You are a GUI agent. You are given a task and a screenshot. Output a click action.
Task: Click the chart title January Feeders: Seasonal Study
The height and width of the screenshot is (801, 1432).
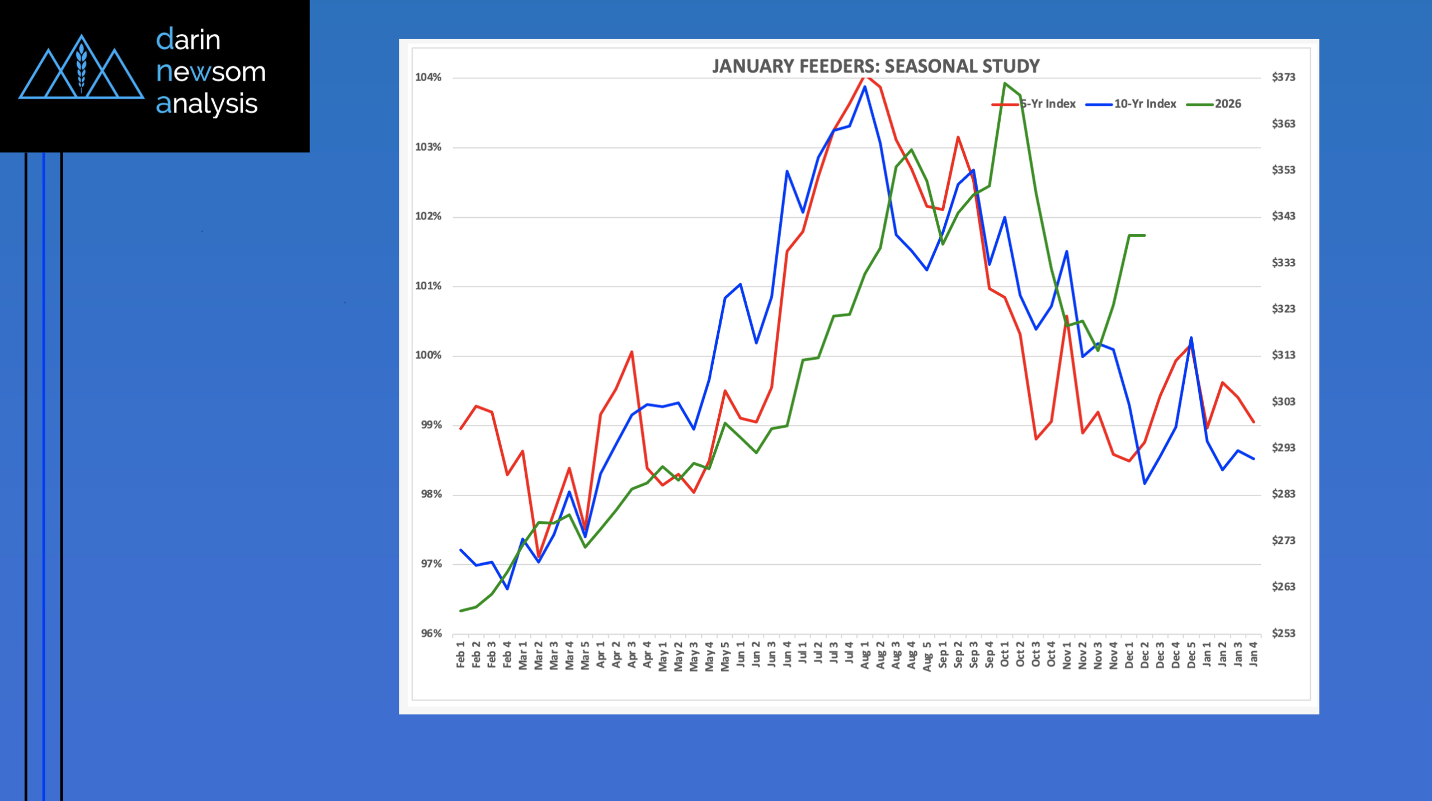click(x=875, y=66)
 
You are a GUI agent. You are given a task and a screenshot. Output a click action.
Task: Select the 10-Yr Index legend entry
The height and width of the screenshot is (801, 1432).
click(x=1144, y=104)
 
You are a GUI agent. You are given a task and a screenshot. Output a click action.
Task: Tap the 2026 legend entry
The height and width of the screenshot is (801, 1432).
click(x=1227, y=104)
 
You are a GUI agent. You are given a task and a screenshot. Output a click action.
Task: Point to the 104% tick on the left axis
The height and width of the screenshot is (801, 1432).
click(x=428, y=78)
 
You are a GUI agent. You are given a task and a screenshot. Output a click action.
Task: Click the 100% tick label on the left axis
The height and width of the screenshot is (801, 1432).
click(x=428, y=355)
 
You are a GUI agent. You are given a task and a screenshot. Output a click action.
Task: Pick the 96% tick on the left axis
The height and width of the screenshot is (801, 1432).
click(x=431, y=634)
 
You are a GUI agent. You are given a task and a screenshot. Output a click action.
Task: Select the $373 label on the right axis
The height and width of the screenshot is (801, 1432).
click(x=1283, y=77)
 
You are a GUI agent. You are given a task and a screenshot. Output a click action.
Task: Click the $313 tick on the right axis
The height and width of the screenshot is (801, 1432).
click(x=1283, y=355)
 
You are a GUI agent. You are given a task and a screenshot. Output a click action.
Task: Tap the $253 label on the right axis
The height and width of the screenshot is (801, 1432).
click(x=1283, y=633)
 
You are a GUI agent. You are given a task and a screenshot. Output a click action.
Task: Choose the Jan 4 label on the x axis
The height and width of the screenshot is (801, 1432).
click(x=1254, y=654)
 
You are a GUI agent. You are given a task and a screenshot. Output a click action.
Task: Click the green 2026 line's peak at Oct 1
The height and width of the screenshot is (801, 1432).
click(x=1005, y=83)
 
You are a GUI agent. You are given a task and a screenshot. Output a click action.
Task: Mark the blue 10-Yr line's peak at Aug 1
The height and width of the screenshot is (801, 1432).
click(x=865, y=87)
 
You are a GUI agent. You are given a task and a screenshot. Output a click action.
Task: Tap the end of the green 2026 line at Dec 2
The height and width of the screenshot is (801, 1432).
click(x=1144, y=235)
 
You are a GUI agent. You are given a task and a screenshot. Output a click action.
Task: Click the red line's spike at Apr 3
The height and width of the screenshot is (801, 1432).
click(x=632, y=352)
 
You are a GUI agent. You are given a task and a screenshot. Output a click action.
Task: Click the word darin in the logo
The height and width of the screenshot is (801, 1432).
click(x=188, y=40)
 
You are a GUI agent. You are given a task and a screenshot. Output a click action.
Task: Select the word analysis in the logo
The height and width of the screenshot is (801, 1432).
click(x=206, y=104)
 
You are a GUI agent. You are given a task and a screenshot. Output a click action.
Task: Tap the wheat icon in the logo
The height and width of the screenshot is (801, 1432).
click(x=82, y=66)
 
